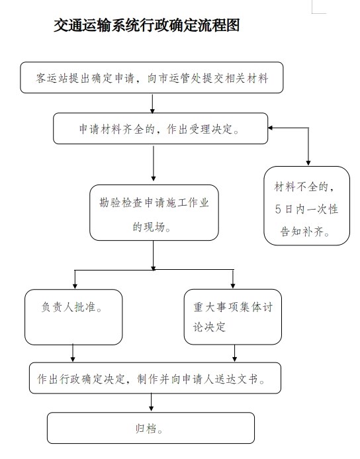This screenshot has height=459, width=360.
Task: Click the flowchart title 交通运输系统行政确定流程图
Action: click(147, 25)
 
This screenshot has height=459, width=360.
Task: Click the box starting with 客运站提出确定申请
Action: click(152, 77)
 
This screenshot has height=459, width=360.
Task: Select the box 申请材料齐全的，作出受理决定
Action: click(161, 128)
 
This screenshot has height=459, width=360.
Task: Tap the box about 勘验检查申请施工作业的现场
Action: click(154, 213)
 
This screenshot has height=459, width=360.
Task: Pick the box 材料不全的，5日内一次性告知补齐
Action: click(306, 206)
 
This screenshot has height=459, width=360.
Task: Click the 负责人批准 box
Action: click(73, 317)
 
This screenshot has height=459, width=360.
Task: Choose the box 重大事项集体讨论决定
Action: click(233, 317)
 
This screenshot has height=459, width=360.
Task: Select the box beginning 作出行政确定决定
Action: click(156, 378)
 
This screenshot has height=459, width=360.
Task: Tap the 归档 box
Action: click(151, 428)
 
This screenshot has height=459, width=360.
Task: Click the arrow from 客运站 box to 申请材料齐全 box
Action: click(152, 103)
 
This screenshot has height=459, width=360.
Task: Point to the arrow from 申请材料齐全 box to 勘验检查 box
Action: click(154, 163)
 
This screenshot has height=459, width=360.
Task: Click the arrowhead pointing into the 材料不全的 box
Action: click(308, 163)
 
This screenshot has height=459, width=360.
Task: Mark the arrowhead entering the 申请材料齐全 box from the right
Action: click(271, 128)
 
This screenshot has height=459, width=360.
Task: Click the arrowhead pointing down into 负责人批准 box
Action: click(75, 286)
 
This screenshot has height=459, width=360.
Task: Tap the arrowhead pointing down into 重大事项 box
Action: click(233, 286)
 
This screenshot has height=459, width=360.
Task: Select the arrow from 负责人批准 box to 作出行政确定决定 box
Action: click(73, 353)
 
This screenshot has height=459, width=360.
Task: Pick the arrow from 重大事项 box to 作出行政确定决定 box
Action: click(234, 353)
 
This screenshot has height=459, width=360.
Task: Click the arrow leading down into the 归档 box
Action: click(151, 403)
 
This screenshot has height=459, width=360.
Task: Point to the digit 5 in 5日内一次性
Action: click(278, 209)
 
